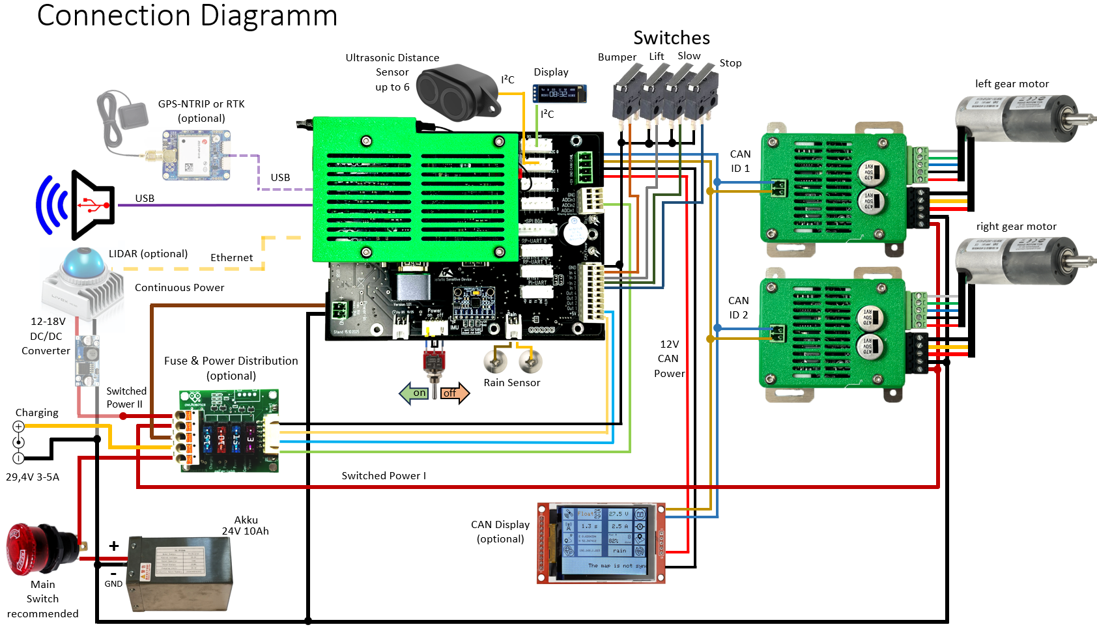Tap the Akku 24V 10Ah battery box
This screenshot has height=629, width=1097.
pos(180,573)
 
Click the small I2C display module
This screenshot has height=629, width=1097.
pos(560,93)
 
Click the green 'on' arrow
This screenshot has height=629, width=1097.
pos(414,393)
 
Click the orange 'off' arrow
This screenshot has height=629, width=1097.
pos(455,393)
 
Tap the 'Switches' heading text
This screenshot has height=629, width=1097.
pos(672,38)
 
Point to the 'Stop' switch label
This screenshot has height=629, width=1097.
pos(730,63)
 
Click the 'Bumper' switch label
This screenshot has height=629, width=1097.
pos(617,57)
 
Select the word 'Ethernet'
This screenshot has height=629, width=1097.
pos(231,258)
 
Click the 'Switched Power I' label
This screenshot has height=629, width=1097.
pos(384,476)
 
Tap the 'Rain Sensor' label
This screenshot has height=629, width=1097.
pos(512,383)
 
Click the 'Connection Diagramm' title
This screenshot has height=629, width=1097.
pos(187,16)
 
